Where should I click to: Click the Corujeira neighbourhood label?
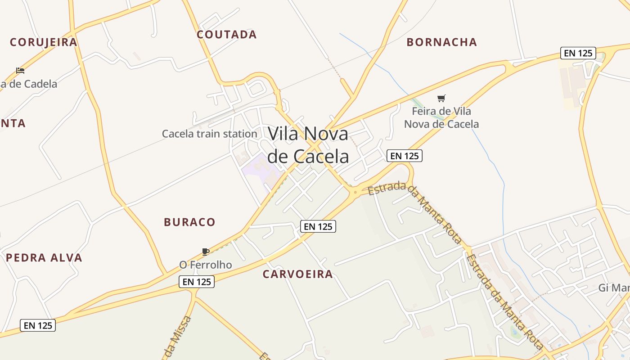tap(44, 42)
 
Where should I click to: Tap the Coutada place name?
tap(227, 35)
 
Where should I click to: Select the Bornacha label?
tap(441, 42)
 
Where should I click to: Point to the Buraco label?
tap(189, 222)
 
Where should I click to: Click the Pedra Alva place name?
tap(44, 258)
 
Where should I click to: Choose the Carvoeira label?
tap(298, 274)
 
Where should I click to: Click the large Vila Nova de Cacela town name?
tap(308, 145)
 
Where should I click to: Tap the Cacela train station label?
tap(209, 134)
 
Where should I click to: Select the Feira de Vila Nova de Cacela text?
tap(441, 117)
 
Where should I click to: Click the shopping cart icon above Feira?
tap(441, 98)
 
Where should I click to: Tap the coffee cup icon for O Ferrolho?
tap(206, 252)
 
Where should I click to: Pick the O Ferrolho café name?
tap(206, 265)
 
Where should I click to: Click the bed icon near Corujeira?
tap(20, 70)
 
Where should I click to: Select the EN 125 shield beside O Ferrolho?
tap(197, 282)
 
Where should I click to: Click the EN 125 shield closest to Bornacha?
tap(578, 53)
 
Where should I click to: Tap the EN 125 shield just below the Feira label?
tap(404, 156)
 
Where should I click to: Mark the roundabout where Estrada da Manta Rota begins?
tap(355, 192)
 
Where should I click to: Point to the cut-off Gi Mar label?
tap(614, 288)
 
